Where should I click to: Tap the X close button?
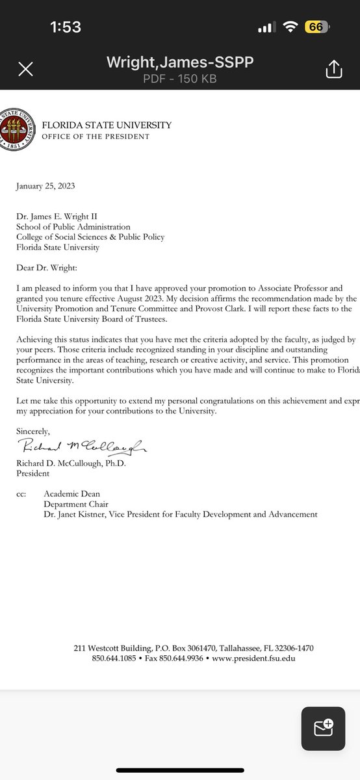pos(25,69)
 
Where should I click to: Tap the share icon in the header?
pos(333,68)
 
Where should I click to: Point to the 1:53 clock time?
pos(66,27)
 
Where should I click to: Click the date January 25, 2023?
pos(45,186)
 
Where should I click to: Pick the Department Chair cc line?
pos(76,504)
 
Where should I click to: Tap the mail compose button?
pos(323,728)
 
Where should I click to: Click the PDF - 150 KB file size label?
pos(179,79)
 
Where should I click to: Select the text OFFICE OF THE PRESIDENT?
pos(96,136)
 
